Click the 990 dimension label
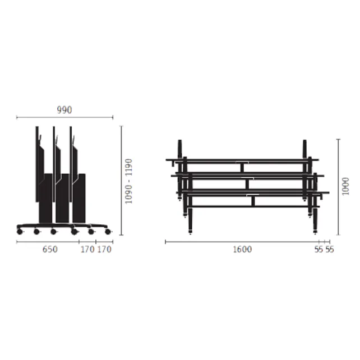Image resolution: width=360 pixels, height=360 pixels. click(x=64, y=110)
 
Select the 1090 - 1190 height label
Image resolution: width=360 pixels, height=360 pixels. click(x=128, y=181)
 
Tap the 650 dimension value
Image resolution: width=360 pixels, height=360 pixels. click(x=50, y=249)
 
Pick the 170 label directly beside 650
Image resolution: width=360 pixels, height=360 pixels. click(x=87, y=249)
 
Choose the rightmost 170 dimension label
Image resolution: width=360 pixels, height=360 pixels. click(x=104, y=249)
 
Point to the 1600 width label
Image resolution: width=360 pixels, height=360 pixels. click(x=242, y=249)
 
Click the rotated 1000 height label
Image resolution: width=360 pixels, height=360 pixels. click(x=345, y=186)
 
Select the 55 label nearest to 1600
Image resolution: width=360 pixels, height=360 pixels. click(x=319, y=250)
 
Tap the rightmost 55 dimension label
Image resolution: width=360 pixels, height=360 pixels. click(x=330, y=250)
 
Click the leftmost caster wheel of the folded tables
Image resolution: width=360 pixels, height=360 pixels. click(x=20, y=232)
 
